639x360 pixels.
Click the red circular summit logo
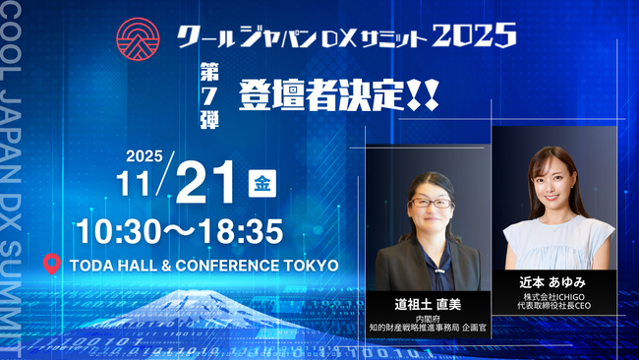pos(137,37)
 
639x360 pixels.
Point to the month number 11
pos(139,185)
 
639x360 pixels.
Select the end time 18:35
pos(242,231)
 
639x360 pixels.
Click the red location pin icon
pos(53,265)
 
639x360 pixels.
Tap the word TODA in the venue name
pos(92,266)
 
